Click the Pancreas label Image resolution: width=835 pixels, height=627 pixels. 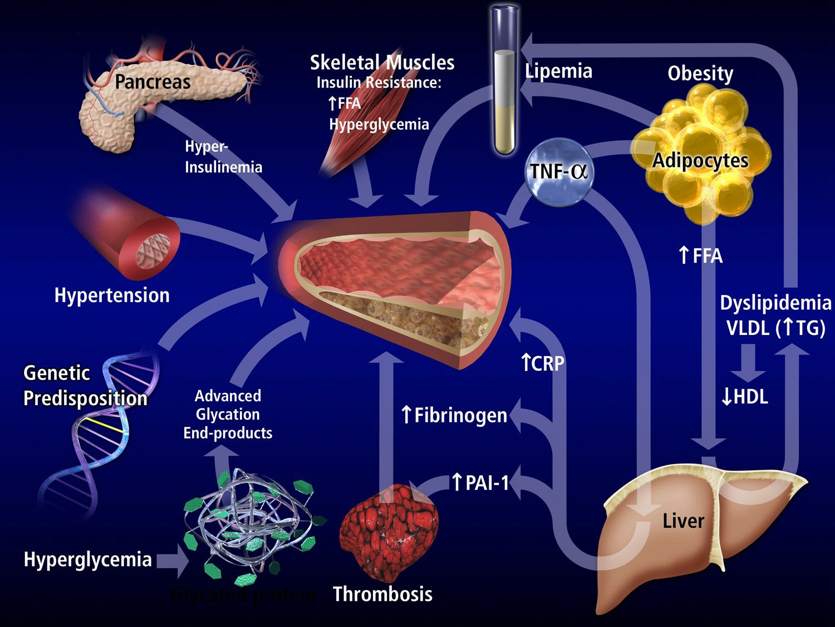(x=153, y=82)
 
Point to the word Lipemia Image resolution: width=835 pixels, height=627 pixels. (x=558, y=71)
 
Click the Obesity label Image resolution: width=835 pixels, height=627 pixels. (x=700, y=73)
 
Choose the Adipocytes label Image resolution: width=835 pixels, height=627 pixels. (x=700, y=161)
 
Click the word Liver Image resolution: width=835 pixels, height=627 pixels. (x=683, y=521)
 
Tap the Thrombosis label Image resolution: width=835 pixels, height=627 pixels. (x=382, y=594)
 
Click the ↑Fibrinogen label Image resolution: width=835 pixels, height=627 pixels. (x=454, y=415)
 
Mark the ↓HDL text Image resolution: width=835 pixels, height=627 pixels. (x=744, y=397)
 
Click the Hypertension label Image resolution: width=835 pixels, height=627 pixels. (x=112, y=295)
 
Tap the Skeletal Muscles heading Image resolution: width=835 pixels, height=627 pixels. (x=382, y=62)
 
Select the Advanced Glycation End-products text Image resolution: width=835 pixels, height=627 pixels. (x=228, y=414)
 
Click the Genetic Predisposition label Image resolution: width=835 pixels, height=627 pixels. (x=85, y=385)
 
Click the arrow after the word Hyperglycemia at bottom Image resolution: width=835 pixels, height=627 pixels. (x=173, y=561)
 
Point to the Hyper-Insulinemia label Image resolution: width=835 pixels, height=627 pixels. (x=223, y=157)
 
